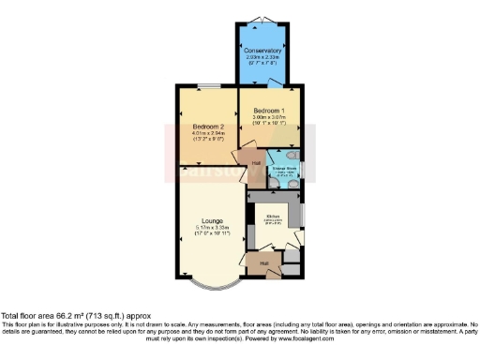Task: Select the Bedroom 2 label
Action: (x=207, y=126)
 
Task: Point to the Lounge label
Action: (x=210, y=220)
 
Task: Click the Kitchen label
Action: (x=273, y=217)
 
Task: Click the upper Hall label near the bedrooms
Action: (x=255, y=161)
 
